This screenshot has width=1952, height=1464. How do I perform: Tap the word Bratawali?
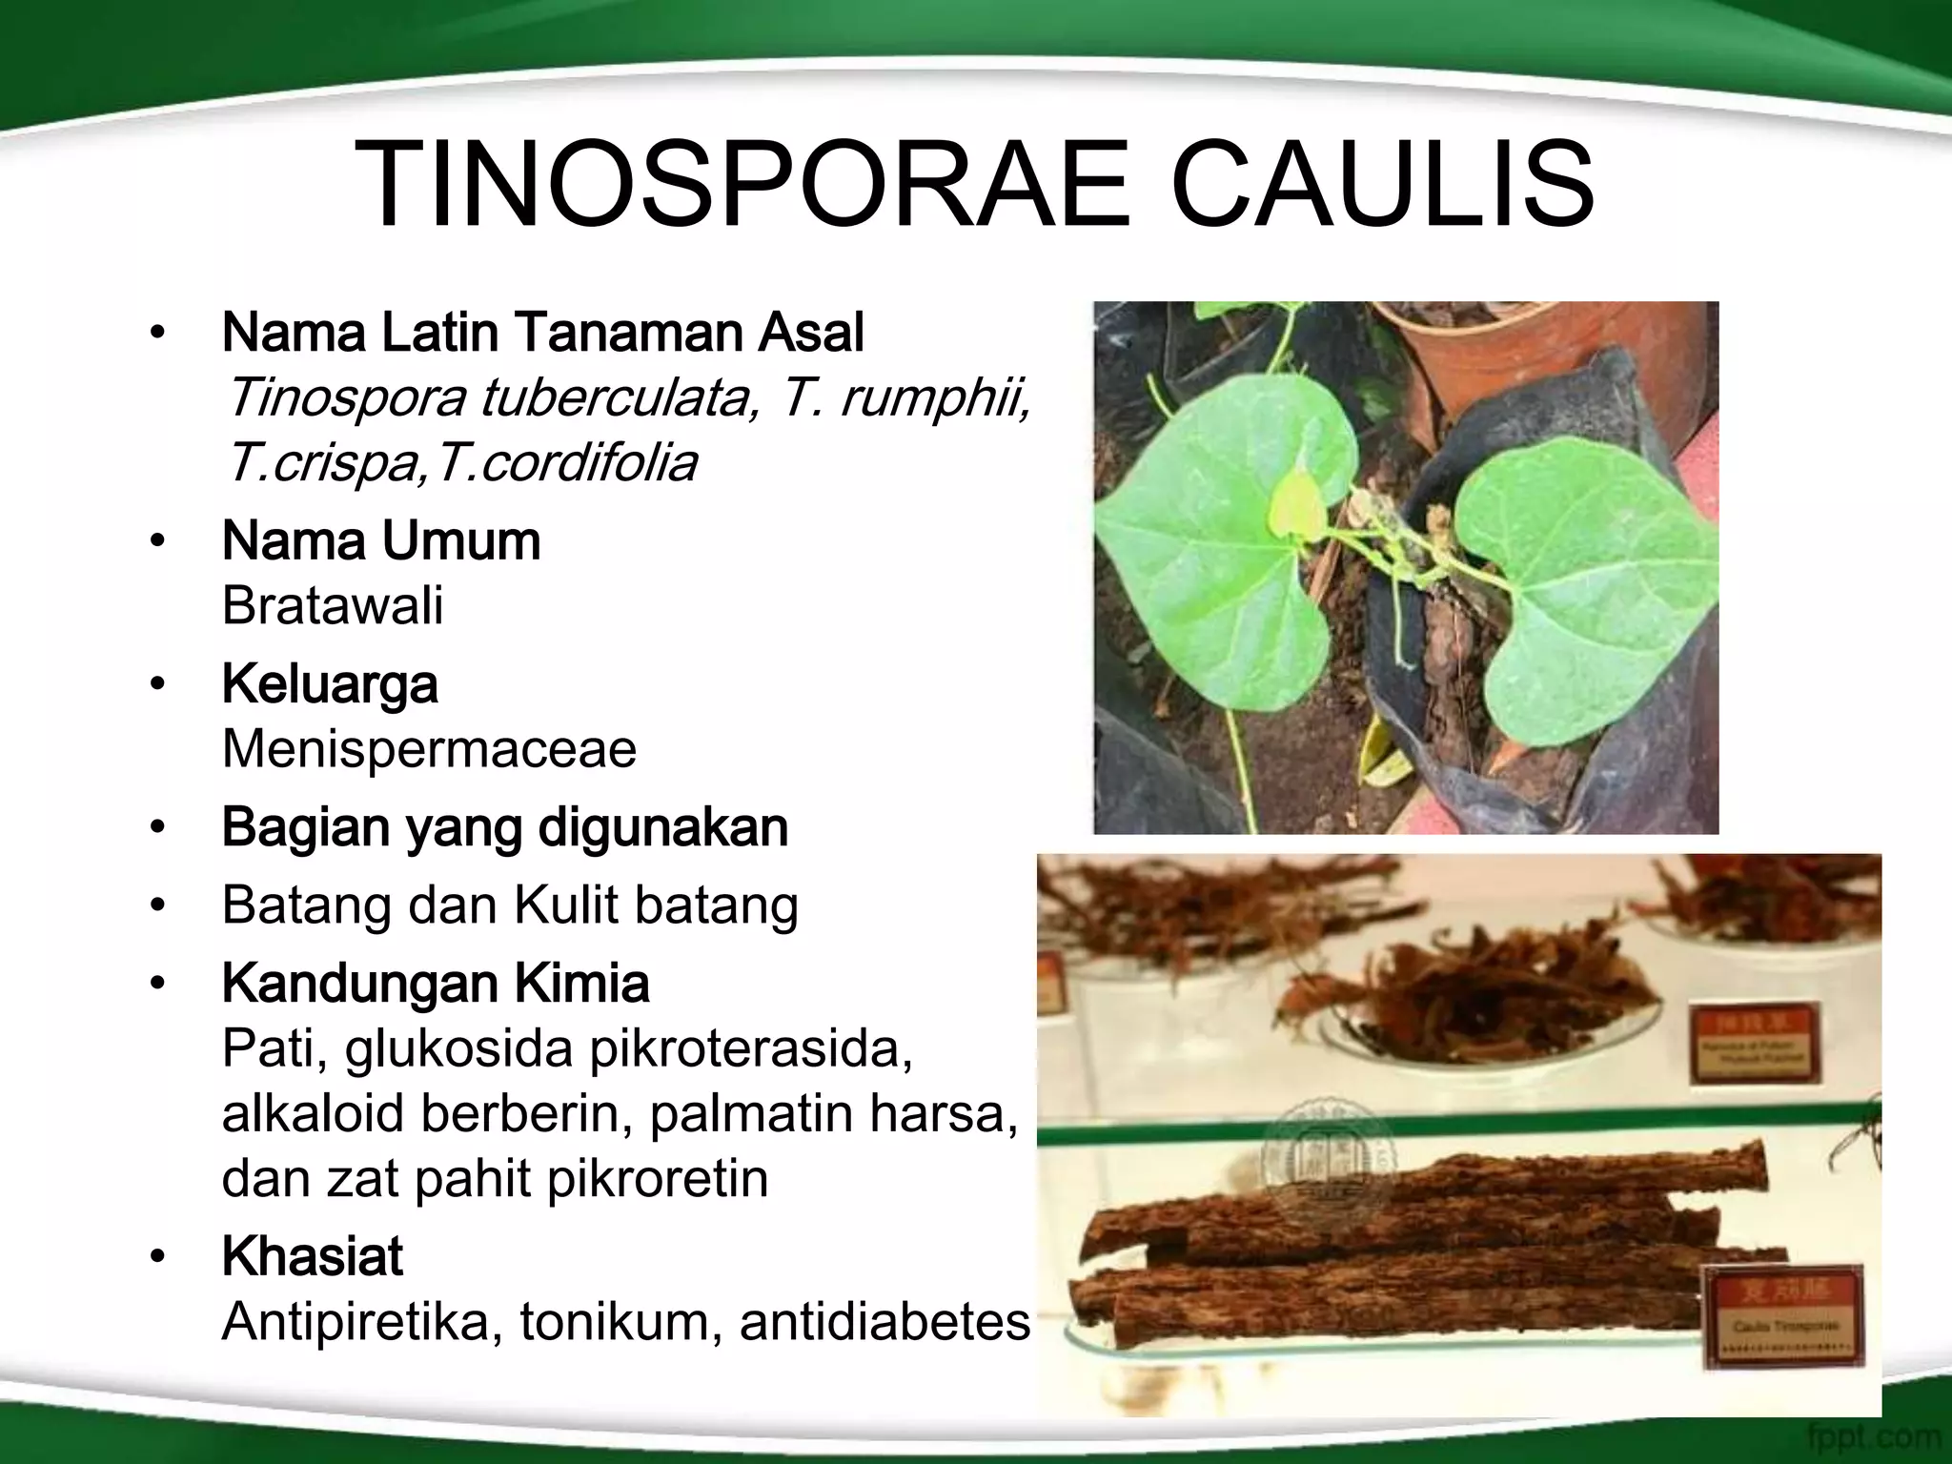[x=333, y=605]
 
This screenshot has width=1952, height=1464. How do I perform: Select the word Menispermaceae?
[x=429, y=748]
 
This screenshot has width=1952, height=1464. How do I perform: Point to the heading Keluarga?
[x=330, y=684]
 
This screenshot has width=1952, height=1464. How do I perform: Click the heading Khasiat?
[x=313, y=1256]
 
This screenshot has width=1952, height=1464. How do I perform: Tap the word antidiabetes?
[x=884, y=1322]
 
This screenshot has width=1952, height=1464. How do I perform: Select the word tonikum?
[x=620, y=1322]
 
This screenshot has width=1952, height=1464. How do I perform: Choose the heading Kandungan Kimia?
[x=436, y=984]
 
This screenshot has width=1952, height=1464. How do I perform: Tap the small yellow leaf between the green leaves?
[x=1293, y=504]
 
